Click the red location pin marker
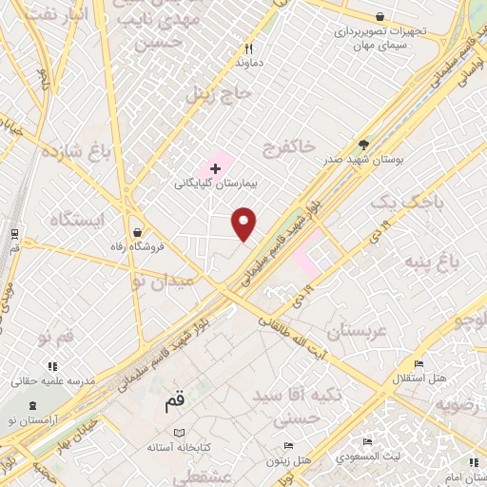[x=244, y=223]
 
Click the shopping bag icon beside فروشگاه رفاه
[x=139, y=231]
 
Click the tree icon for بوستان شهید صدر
[x=363, y=145]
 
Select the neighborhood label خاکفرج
[x=291, y=146]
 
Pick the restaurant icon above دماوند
[x=248, y=48]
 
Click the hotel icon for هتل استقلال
[x=419, y=364]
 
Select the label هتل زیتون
[x=290, y=459]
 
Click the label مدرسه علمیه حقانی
[x=53, y=380]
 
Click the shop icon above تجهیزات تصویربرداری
[x=380, y=17]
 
